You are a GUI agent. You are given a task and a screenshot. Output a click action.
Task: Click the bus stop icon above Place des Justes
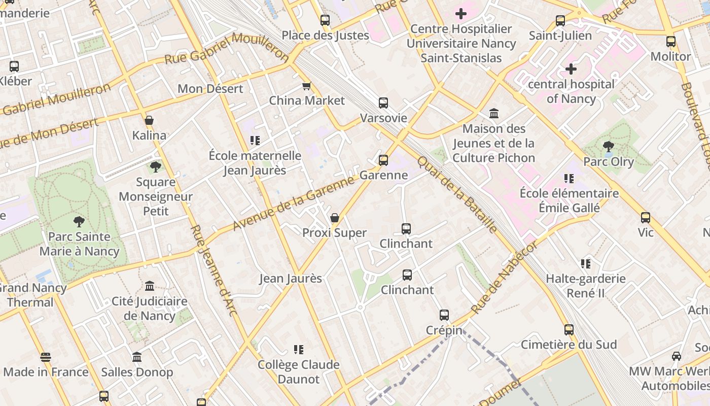(325, 20)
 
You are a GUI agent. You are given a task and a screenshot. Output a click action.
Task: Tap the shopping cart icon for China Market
(306, 86)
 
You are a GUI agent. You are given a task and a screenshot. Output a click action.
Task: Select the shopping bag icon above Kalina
(149, 120)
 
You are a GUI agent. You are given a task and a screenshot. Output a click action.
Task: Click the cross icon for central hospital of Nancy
(571, 69)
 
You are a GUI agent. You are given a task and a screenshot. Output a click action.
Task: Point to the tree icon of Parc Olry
(609, 147)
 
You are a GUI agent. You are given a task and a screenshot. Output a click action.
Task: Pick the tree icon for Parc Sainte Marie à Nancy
(79, 221)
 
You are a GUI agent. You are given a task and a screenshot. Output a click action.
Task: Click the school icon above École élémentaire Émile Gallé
(569, 179)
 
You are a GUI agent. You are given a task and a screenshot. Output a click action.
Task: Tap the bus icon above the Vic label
(646, 218)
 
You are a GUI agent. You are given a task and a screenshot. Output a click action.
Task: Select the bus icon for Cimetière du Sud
(569, 330)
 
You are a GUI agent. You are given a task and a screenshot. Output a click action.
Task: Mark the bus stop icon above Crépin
(444, 315)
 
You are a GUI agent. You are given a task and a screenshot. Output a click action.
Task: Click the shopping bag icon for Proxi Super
(335, 218)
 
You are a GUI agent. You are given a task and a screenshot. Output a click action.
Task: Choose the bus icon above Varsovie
(383, 103)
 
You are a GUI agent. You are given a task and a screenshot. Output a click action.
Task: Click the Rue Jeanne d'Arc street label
(214, 270)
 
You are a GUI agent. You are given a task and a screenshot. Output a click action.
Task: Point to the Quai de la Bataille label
(457, 194)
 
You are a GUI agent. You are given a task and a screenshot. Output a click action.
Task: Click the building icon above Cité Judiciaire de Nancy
(150, 286)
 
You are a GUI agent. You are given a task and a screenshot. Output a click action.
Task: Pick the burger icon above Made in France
(46, 357)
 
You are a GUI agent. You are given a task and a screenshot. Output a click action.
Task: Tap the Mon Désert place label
(210, 89)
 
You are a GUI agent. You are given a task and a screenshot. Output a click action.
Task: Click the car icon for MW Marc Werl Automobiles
(676, 356)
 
